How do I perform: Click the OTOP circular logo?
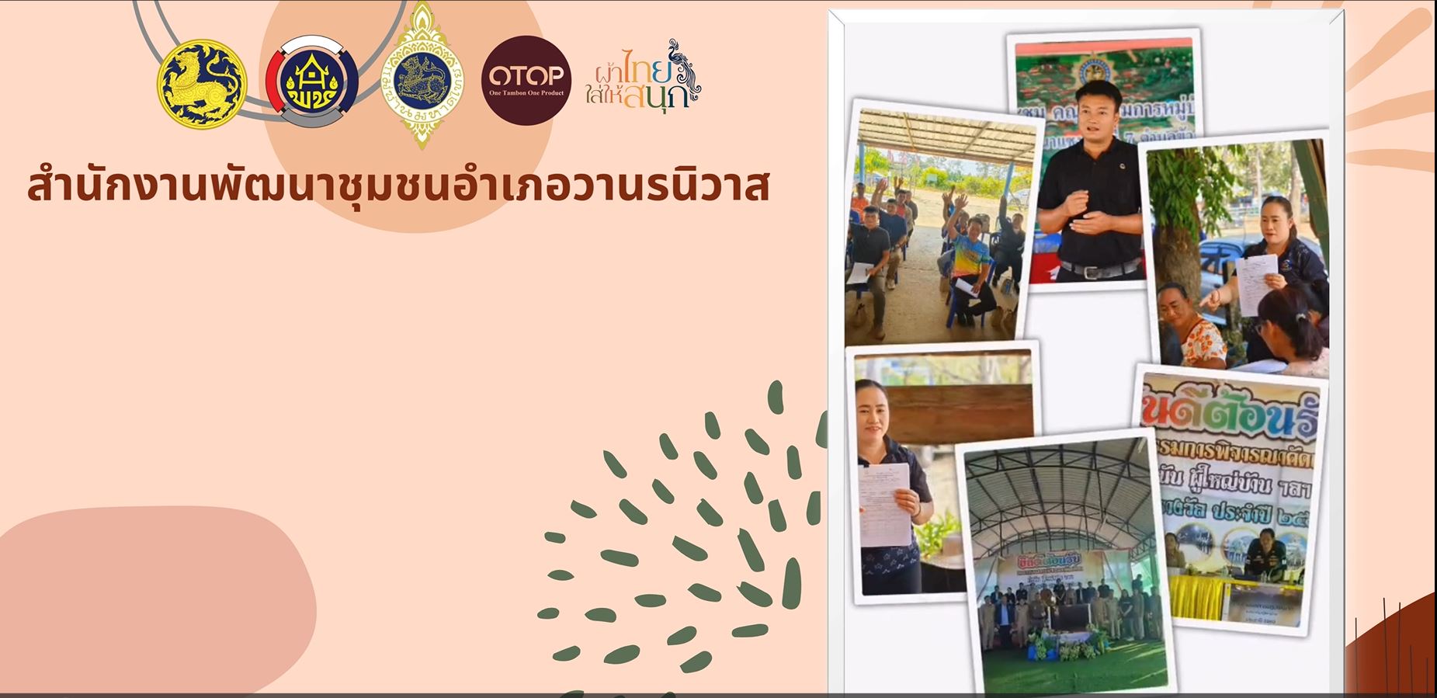pos(526,80)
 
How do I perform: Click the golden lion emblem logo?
pos(202,84)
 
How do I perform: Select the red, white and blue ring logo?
pos(312,82)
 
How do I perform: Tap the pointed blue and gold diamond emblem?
pos(423,76)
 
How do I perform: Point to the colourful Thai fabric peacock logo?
pos(643,75)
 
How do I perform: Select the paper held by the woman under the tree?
pos(1255,283)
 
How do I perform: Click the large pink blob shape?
pos(155,598)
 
